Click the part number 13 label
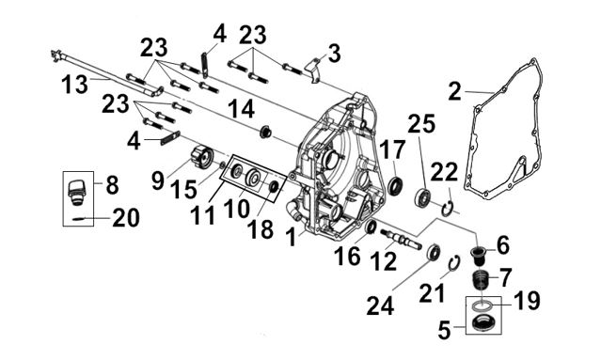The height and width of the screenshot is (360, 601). tap(75, 85)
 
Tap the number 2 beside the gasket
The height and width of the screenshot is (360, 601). tap(455, 92)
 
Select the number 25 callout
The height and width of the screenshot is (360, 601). tap(421, 124)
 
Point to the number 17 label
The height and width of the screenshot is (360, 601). tap(392, 149)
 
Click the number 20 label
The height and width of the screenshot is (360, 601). tap(126, 218)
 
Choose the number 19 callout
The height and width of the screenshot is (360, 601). tap(527, 300)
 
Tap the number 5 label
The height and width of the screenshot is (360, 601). tap(445, 330)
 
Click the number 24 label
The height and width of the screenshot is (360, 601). tap(380, 305)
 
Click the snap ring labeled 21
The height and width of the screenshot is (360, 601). tap(454, 264)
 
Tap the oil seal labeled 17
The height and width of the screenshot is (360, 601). tap(396, 185)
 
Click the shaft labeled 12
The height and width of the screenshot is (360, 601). tap(401, 240)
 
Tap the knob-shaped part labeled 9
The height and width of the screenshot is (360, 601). tap(201, 157)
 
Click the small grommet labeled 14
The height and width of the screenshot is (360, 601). tap(265, 132)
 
